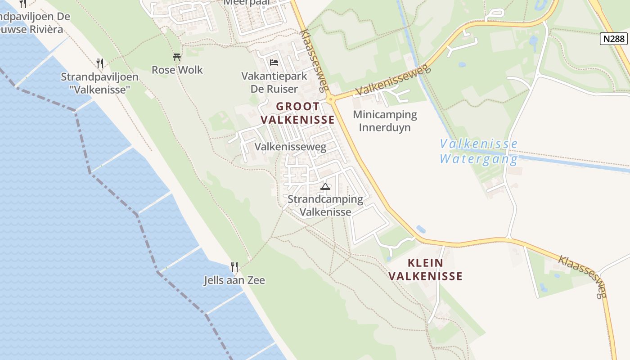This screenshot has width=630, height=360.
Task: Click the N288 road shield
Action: pyautogui.click(x=614, y=39)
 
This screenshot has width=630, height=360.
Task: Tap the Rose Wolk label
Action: pyautogui.click(x=177, y=70)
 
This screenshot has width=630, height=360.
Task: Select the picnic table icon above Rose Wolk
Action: pyautogui.click(x=177, y=57)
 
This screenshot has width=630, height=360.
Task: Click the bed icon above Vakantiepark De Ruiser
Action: pyautogui.click(x=274, y=62)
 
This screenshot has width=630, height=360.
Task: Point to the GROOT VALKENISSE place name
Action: pyautogui.click(x=298, y=113)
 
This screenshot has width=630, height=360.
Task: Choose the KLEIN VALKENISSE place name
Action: pyautogui.click(x=426, y=270)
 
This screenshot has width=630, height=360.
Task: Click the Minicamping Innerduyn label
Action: pyautogui.click(x=385, y=121)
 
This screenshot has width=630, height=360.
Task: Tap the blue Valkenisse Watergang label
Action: pyautogui.click(x=479, y=151)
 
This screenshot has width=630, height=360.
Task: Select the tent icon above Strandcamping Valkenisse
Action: pyautogui.click(x=325, y=186)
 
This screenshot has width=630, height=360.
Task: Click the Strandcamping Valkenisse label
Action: pyautogui.click(x=325, y=205)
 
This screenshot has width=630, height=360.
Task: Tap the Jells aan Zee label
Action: pyautogui.click(x=234, y=280)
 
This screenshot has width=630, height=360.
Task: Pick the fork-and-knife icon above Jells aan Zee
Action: pyautogui.click(x=234, y=266)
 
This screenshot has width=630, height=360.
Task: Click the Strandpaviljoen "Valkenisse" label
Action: pyautogui.click(x=100, y=83)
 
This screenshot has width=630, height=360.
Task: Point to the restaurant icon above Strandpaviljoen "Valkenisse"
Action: pyautogui.click(x=100, y=63)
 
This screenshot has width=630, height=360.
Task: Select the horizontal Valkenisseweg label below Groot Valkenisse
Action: pyautogui.click(x=290, y=147)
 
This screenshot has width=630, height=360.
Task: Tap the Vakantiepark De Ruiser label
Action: pyautogui.click(x=274, y=82)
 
